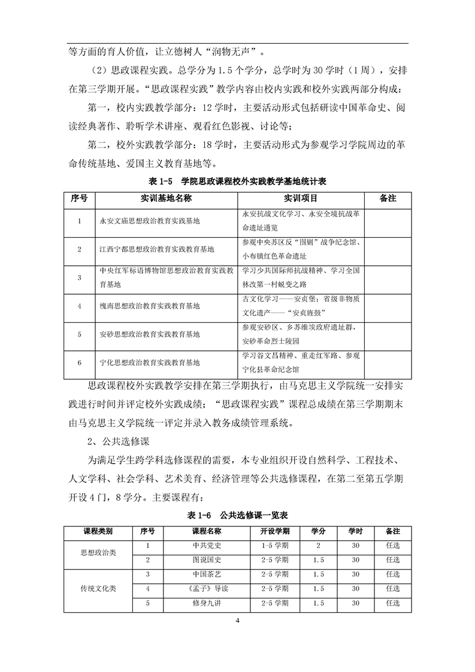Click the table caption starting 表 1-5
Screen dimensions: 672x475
[x=237, y=181]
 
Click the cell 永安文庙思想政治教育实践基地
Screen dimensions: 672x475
[x=149, y=221]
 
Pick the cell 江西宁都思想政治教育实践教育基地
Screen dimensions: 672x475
[x=157, y=249]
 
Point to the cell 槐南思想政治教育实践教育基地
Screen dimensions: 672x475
[x=149, y=306]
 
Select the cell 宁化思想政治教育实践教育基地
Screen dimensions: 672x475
[x=149, y=363]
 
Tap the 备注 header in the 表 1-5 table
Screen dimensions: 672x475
[x=388, y=198]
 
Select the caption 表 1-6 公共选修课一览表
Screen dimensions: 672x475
[x=237, y=514]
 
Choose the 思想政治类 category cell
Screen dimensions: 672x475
[x=98, y=553]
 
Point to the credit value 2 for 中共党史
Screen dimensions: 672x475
[x=318, y=546]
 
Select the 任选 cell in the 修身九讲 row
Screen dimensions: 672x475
[x=393, y=603]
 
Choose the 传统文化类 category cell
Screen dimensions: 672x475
[x=98, y=589]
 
